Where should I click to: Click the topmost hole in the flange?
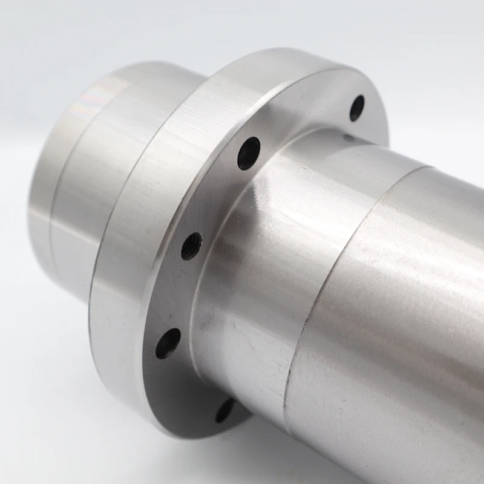[357, 108]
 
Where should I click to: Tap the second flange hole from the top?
[248, 153]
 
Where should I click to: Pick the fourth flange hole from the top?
[168, 343]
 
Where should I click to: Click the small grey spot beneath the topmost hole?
[349, 138]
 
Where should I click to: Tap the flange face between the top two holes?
[302, 121]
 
